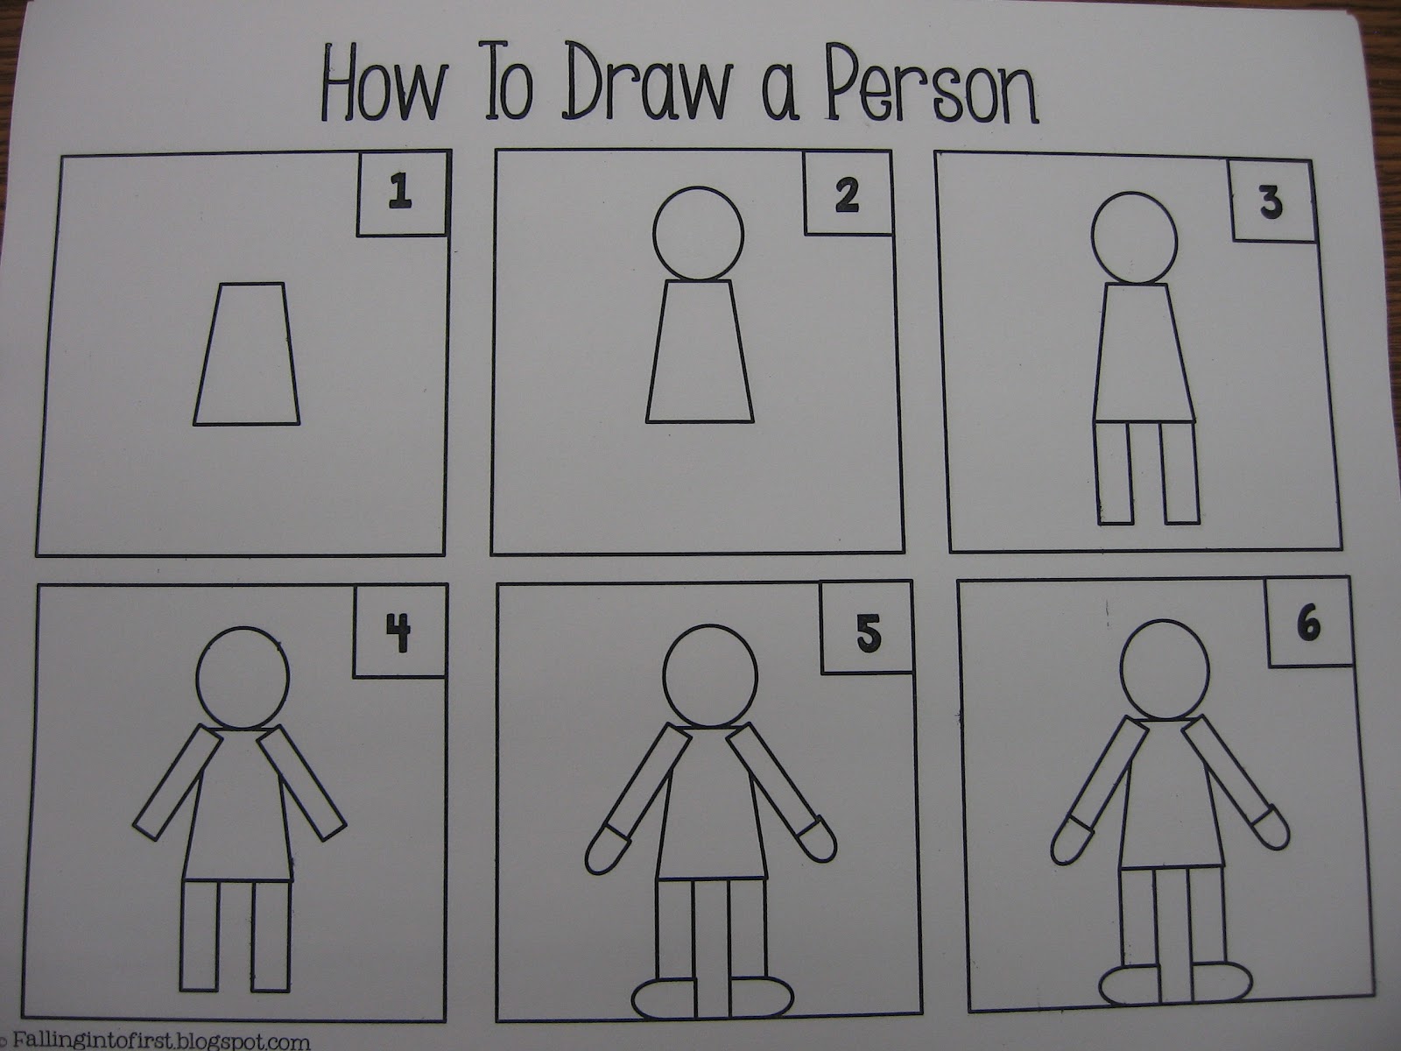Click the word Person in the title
click(931, 83)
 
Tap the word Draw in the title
click(648, 82)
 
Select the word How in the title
click(382, 82)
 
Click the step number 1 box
click(402, 194)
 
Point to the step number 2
click(847, 194)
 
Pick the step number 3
click(1271, 202)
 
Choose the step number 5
click(868, 632)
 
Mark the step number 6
click(1308, 624)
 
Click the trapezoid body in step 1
click(246, 354)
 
